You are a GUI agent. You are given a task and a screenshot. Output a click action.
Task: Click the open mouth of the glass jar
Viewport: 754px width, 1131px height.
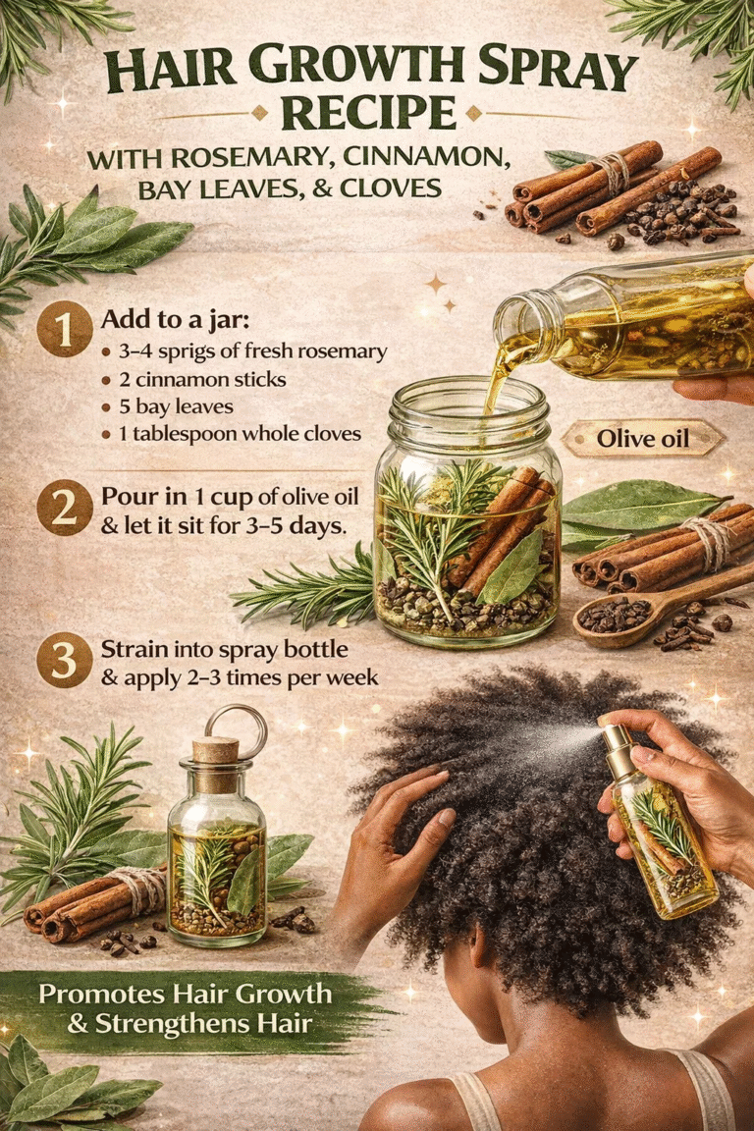click(467, 399)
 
